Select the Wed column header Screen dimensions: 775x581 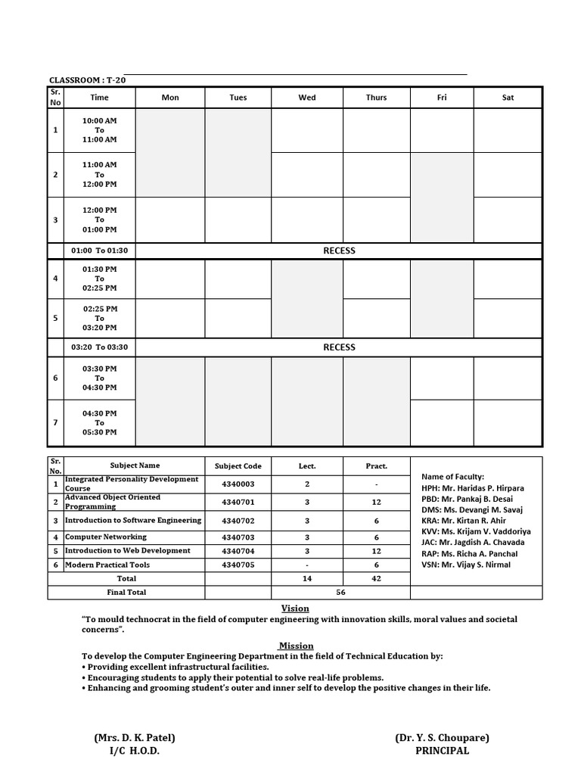(x=307, y=98)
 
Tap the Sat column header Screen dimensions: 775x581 (x=508, y=98)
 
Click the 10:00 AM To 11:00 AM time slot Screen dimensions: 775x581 (x=100, y=130)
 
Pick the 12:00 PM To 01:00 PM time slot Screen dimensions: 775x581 (x=100, y=219)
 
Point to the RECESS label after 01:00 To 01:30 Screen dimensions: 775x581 (x=339, y=251)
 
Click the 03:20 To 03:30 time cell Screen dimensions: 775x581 (x=100, y=347)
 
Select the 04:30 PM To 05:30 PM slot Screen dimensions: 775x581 (x=100, y=423)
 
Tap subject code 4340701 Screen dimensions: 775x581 (x=238, y=502)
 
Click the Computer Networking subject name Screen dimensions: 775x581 (x=107, y=537)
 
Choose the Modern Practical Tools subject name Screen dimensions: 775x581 (x=107, y=565)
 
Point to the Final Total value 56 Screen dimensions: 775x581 (x=340, y=593)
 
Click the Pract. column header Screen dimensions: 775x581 (x=376, y=466)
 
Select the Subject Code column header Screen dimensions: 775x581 (x=238, y=466)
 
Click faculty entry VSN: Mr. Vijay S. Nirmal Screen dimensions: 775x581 (x=466, y=565)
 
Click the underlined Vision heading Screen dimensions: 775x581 (x=295, y=608)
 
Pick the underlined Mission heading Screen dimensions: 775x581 (x=296, y=646)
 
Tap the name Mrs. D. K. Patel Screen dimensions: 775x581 (x=135, y=738)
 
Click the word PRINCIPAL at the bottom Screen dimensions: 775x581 (x=442, y=751)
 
